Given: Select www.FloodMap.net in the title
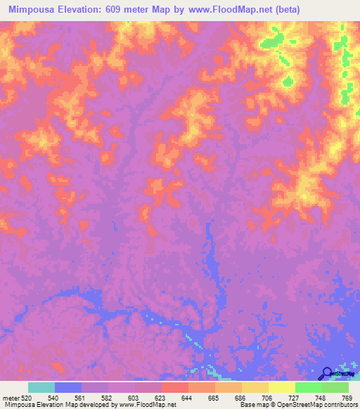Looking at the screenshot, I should pos(233,10).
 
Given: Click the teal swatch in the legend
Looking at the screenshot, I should pos(41,387).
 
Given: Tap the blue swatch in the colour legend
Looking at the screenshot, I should pos(68,387).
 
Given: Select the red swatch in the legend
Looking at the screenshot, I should pos(175,387).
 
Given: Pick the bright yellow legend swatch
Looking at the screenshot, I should pos(282,387).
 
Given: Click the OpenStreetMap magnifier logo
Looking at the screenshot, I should pos(327,374).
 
